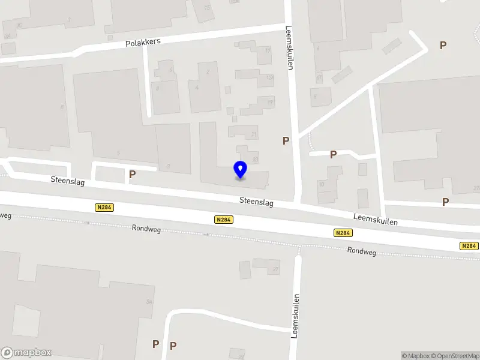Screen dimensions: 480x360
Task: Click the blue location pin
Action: click(x=240, y=170)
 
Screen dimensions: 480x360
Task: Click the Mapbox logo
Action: click(x=26, y=353)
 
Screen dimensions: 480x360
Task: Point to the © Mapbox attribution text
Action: click(x=414, y=356)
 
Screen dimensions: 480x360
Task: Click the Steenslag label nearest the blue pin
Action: click(x=256, y=203)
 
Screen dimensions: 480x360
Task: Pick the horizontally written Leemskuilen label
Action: click(x=376, y=220)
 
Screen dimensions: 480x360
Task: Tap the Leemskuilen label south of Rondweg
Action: click(x=295, y=316)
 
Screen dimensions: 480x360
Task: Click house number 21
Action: click(x=254, y=134)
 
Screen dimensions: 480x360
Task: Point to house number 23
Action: click(x=256, y=160)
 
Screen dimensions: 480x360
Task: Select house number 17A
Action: click(x=270, y=77)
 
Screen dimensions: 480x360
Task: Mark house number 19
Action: click(x=271, y=103)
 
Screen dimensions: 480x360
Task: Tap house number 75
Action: click(x=208, y=7)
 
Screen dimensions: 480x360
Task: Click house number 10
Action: click(x=321, y=184)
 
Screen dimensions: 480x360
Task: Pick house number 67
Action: click(x=319, y=78)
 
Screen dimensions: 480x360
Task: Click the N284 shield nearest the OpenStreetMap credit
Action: click(x=469, y=246)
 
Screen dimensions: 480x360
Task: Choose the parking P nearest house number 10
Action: click(x=333, y=155)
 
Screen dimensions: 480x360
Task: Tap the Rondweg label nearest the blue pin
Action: click(x=147, y=227)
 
